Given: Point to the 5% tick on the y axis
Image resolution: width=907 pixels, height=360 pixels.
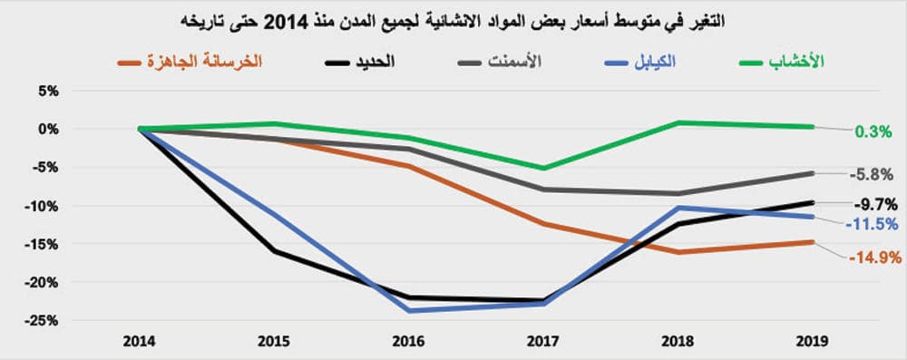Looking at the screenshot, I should point(47,91).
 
